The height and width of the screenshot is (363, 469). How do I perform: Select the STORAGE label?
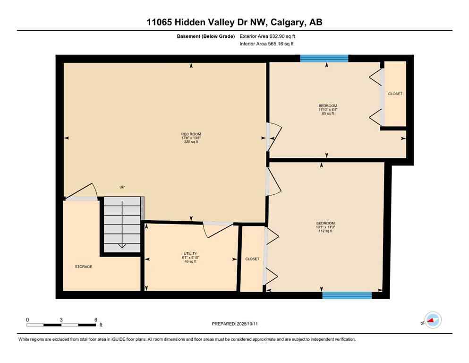coord(83,267)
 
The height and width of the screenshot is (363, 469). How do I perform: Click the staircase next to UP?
coord(122,225)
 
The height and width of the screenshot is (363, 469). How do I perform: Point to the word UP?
coord(122,187)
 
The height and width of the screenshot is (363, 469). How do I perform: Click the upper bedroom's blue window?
coord(324,58)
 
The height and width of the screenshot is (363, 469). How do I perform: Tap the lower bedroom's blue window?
coord(347,295)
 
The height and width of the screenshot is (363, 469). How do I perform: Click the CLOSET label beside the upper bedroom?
coord(395,94)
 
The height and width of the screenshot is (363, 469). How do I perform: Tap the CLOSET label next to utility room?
coord(252,259)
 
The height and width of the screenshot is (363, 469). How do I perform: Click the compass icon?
coord(432,320)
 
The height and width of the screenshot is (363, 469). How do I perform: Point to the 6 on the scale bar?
coord(96,320)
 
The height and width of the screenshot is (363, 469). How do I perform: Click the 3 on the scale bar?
coord(61,320)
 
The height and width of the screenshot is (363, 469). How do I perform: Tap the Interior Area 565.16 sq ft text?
coord(267,44)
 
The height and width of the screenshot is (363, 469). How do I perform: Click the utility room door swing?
coord(217,230)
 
